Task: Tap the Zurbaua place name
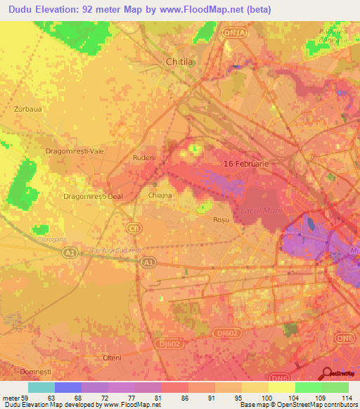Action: coord(29,110)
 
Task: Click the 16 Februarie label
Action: coord(246,163)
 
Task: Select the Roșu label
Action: coord(221,220)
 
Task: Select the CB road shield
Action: coord(133,228)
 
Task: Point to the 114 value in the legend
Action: coord(347,398)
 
